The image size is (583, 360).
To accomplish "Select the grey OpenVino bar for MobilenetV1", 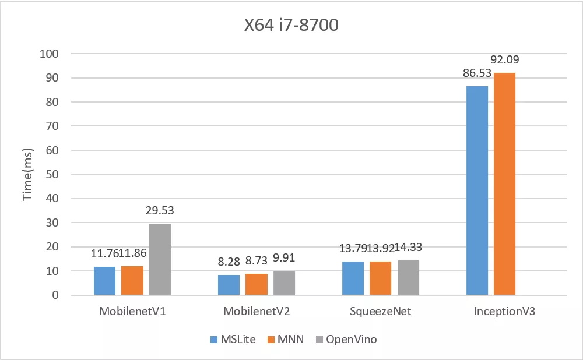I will (160, 259).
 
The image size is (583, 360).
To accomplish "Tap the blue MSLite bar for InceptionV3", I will (477, 190).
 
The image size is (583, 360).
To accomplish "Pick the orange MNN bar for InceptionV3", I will (505, 184).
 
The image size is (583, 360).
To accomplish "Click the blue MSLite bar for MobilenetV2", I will (229, 285).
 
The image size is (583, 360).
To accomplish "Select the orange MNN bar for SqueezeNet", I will (381, 278).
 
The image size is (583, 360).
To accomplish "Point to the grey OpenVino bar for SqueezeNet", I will (408, 278).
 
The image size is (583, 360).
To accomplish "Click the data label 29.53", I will (160, 211).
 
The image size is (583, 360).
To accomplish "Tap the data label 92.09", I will (505, 59).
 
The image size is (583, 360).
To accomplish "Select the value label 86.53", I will (477, 73).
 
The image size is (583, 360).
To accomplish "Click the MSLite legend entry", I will (233, 339).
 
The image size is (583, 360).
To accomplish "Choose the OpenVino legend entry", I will (346, 339).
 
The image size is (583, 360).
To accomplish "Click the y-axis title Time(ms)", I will (27, 174).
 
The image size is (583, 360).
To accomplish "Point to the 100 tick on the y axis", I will (50, 54).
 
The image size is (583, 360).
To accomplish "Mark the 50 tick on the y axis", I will (52, 174).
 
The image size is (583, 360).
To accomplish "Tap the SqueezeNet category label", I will (381, 311).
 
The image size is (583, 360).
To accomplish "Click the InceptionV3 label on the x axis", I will (505, 311).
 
